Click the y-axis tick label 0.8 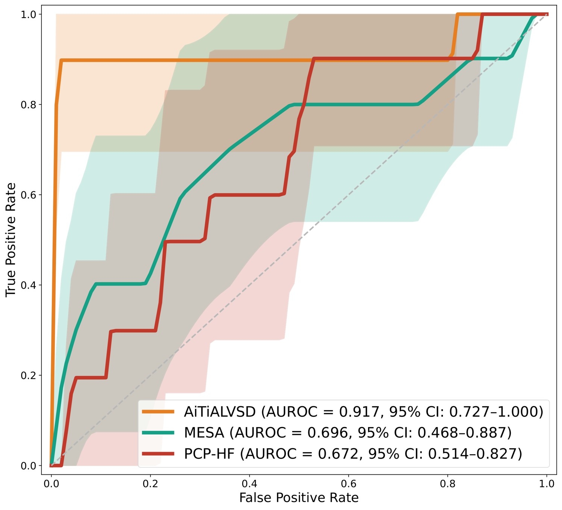(29, 104)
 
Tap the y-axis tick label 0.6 (29, 195)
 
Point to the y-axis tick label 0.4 (29, 285)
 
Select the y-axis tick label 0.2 (29, 375)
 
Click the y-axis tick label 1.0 (29, 14)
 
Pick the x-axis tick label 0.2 (150, 484)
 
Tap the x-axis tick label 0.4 (249, 484)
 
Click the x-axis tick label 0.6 (348, 484)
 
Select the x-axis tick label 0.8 (448, 484)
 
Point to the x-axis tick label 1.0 (547, 484)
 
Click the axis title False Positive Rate (299, 498)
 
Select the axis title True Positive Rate (11, 240)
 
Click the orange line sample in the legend (158, 412)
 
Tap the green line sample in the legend (158, 433)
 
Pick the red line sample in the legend (158, 454)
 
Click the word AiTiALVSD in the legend (220, 412)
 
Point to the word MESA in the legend (204, 433)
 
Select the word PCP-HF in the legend (209, 454)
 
